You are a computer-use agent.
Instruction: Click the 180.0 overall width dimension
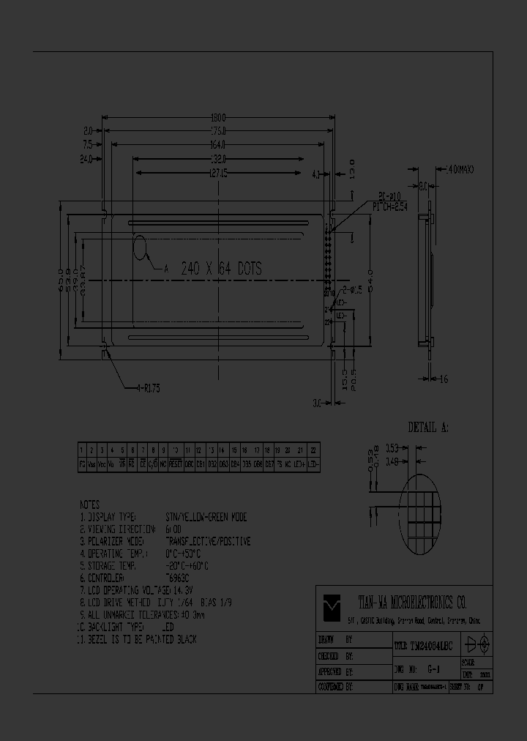point(218,117)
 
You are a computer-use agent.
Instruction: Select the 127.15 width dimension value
point(218,173)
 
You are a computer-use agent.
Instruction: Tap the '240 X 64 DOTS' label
point(222,269)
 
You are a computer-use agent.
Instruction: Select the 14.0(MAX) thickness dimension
point(460,169)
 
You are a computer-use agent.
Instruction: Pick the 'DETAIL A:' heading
point(428,427)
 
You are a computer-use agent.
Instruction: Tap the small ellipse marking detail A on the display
point(141,248)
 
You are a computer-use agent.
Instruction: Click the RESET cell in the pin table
point(176,463)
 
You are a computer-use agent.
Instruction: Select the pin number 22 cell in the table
point(314,450)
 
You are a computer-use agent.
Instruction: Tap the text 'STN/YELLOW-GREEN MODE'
point(207,517)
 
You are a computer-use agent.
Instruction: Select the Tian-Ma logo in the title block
point(333,604)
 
